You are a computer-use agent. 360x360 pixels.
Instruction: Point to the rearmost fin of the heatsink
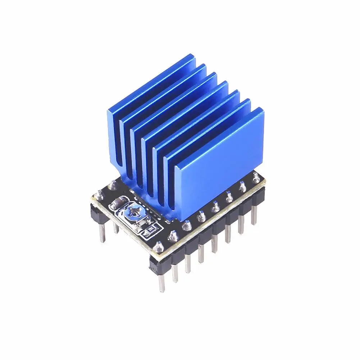point(151,83)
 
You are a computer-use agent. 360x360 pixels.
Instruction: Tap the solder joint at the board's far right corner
point(256,176)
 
